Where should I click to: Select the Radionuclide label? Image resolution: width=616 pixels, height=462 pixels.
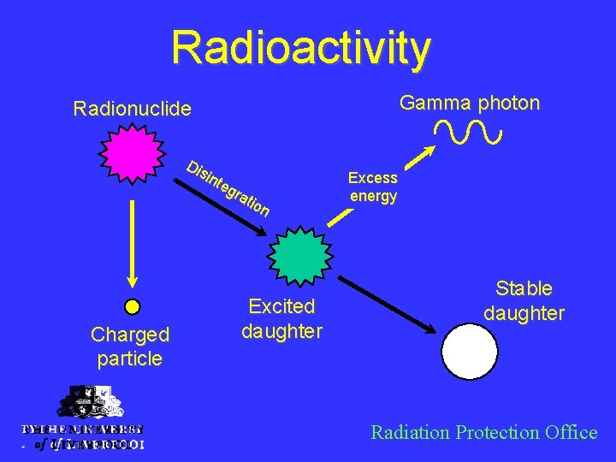(132, 109)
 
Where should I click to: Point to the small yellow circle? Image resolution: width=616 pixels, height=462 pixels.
(132, 305)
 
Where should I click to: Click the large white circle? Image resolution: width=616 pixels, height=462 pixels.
(470, 351)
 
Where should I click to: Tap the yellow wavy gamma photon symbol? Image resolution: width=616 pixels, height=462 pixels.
(468, 132)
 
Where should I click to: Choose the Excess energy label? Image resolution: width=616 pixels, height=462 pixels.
(373, 187)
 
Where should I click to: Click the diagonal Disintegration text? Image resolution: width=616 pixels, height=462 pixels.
(228, 187)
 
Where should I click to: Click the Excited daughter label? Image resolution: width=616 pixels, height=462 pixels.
(281, 318)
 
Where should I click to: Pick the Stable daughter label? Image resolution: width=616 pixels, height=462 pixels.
(524, 301)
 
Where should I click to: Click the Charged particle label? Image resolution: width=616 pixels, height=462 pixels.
(130, 346)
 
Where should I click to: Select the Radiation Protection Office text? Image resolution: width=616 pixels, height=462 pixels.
(483, 432)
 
